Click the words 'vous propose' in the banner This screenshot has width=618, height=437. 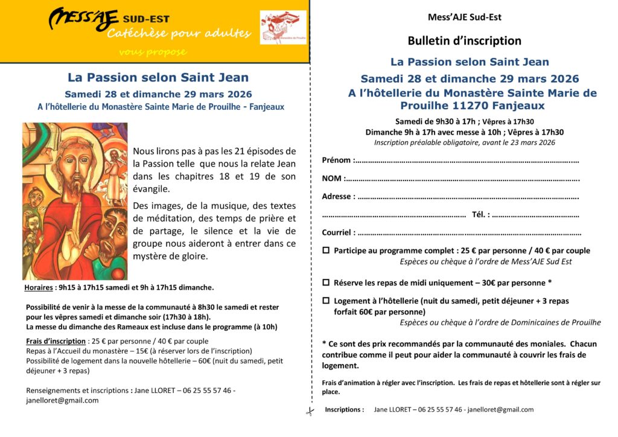tap(152, 52)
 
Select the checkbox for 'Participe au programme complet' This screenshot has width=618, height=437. tap(326, 250)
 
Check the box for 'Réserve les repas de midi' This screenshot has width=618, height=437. tap(326, 282)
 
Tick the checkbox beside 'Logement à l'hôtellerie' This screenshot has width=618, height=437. tap(326, 301)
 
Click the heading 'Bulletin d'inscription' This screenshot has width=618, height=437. tap(464, 41)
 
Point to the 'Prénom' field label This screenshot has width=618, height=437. tap(336, 161)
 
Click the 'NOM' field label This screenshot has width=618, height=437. tap(331, 179)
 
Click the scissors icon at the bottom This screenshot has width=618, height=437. tap(310, 412)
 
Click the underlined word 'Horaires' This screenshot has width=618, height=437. tap(39, 287)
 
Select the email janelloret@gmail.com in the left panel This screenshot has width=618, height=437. tap(62, 400)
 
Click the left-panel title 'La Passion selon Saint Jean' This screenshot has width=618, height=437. tap(158, 78)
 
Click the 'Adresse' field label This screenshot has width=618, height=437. tap(337, 197)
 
